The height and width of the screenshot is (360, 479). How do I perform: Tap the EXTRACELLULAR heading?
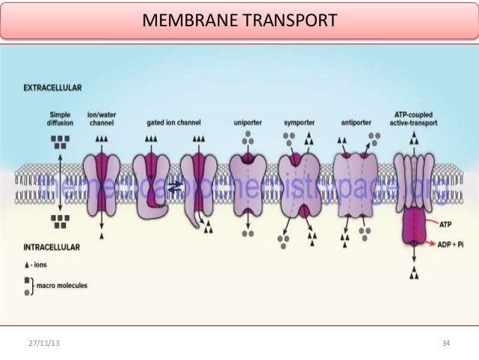pos(53,88)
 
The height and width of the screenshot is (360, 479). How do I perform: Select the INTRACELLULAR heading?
pos(53,246)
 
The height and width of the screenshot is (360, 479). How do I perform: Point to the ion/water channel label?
pos(101,118)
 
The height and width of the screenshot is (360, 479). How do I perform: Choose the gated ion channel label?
pos(173,122)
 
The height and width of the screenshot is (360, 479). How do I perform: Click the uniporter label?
pos(247,122)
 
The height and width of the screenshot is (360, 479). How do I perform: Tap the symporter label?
pos(299,122)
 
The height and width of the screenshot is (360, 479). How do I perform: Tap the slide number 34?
pos(446,343)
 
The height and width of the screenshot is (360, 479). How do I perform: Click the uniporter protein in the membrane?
pos(247,180)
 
